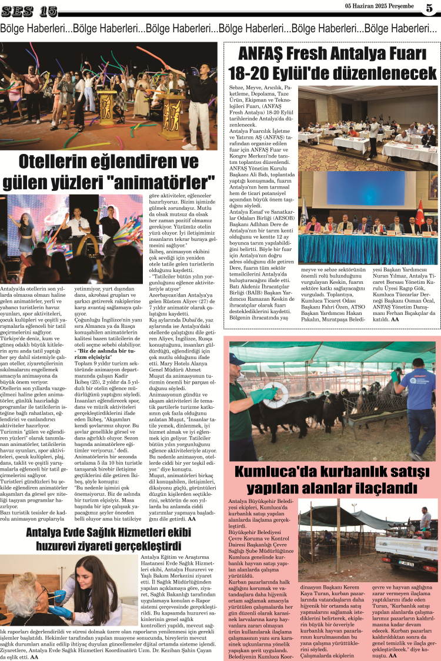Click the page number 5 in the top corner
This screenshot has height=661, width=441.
click(x=429, y=9)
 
